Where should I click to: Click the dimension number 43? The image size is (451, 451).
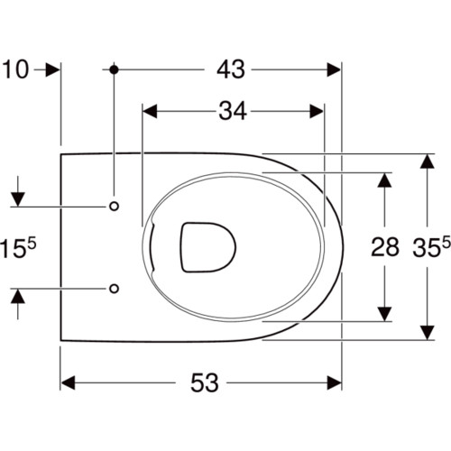(x=231, y=69)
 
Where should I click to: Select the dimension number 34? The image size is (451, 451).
(x=233, y=111)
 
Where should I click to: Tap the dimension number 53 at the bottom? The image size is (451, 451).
(x=205, y=382)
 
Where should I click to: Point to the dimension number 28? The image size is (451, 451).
(x=385, y=247)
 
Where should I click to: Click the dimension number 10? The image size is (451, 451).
(x=15, y=69)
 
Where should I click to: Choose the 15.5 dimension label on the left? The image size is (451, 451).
(x=18, y=246)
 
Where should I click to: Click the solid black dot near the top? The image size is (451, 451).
(x=114, y=69)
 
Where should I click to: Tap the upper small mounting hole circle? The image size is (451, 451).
(x=114, y=207)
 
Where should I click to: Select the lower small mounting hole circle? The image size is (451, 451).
(x=114, y=289)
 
